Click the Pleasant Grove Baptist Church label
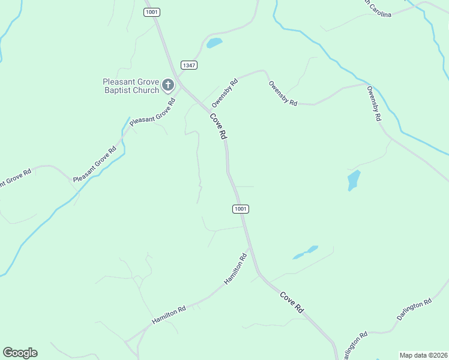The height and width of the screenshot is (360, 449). click(x=130, y=86)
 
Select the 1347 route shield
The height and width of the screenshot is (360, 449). click(x=188, y=65)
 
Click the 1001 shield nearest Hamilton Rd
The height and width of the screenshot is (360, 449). click(x=240, y=209)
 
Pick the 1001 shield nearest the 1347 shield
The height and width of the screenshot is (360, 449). click(x=151, y=12)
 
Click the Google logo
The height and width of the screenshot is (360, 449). click(x=20, y=353)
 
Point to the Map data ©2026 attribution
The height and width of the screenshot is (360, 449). click(x=424, y=355)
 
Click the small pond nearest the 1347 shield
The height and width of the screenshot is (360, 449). click(x=214, y=43)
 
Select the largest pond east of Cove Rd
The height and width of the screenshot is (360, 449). click(x=354, y=180)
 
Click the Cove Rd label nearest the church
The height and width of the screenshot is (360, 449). click(x=218, y=126)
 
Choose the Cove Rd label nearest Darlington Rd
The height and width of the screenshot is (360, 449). click(x=292, y=302)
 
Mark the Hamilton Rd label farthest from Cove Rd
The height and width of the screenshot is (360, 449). click(x=169, y=314)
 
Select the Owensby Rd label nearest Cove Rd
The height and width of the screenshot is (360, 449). click(x=225, y=91)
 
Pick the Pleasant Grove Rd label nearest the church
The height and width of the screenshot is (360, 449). click(x=152, y=111)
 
